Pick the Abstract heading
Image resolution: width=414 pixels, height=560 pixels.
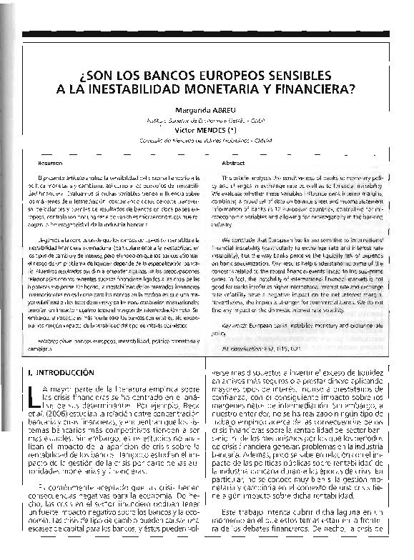point(233,163)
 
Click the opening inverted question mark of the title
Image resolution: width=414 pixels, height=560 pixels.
point(88,76)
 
